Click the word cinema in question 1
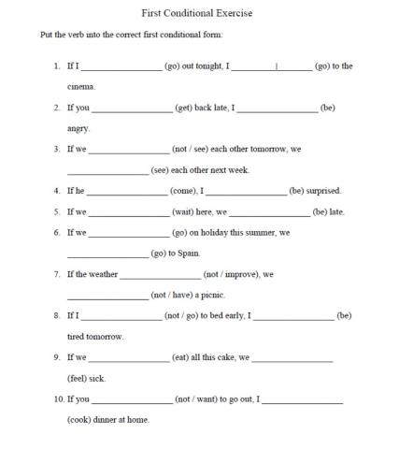pos(80,87)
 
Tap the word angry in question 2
pos(78,129)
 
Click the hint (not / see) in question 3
pos(192,150)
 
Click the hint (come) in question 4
pos(184,191)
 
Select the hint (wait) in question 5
pos(183,211)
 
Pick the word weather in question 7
pos(103,274)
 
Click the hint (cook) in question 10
pos(80,420)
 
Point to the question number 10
pos(58,398)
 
